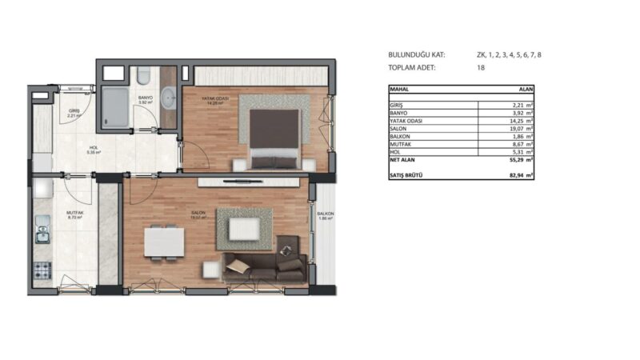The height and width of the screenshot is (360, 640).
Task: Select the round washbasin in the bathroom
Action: click(169, 99)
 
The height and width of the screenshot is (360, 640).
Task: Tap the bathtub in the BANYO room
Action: click(115, 110)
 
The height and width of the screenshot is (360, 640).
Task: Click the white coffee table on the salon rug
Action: click(244, 230)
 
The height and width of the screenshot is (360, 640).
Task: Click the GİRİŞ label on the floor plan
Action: click(74, 111)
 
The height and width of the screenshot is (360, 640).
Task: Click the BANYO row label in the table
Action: click(398, 114)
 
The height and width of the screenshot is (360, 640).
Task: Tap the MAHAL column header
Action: click(400, 90)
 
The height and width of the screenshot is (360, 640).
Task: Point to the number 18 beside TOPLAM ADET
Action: click(482, 68)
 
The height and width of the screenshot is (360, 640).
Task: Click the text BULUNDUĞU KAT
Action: click(417, 55)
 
